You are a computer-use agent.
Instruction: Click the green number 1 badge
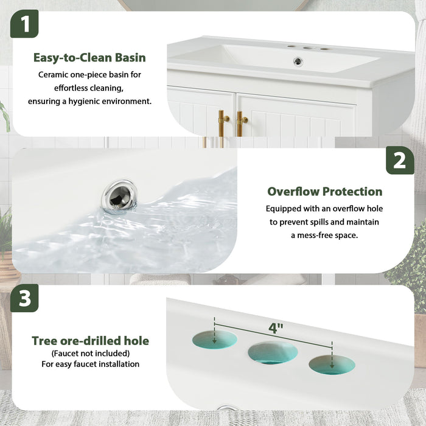tap(24, 24)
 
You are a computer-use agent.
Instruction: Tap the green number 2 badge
tap(400, 160)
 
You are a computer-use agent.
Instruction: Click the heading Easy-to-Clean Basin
tap(89, 58)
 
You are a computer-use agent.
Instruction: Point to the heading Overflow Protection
tap(325, 192)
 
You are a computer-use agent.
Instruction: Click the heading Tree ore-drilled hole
tap(90, 341)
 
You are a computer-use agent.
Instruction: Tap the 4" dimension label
tap(276, 329)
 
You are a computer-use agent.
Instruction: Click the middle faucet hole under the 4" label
tap(273, 352)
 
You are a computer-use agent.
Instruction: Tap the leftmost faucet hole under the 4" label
tap(215, 339)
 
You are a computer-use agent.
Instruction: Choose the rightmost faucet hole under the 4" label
tap(332, 365)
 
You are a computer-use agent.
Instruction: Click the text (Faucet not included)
tap(90, 354)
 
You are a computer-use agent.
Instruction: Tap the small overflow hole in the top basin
tap(298, 61)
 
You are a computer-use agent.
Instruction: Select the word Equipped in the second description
tap(284, 209)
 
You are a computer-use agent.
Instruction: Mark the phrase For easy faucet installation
tap(90, 365)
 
